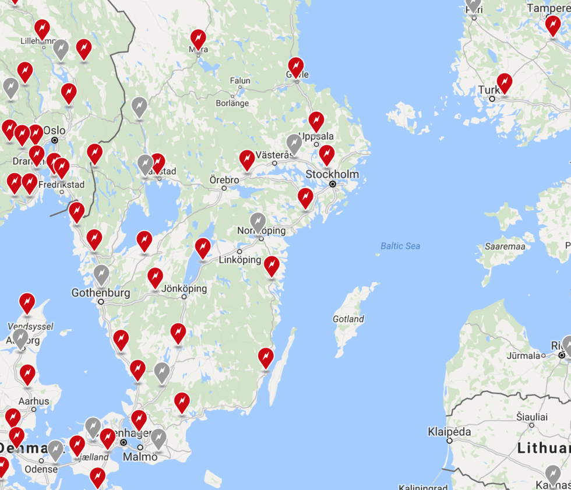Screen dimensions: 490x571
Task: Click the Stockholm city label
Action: [332, 174]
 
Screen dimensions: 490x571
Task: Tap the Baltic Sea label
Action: [400, 246]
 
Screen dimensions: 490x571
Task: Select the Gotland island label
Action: [348, 319]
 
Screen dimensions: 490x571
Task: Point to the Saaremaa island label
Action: [505, 246]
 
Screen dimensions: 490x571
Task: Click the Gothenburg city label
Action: [101, 292]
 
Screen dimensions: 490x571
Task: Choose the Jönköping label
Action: [184, 288]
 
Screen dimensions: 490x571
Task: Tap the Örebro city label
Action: [224, 180]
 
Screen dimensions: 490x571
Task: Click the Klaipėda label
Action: [449, 432]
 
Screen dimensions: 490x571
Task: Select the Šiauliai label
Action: [532, 417]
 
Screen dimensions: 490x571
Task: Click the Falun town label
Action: [240, 81]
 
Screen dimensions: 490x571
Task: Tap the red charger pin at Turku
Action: [505, 83]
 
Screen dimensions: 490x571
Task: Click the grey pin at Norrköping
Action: [258, 221]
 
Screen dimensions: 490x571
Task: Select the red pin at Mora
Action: [198, 39]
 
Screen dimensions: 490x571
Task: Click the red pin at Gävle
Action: [296, 67]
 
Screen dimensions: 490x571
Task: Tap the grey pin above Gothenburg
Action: [101, 274]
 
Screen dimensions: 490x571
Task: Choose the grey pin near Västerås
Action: [294, 143]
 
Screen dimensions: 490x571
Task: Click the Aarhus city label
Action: [33, 401]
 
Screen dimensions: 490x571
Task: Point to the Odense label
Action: [41, 469]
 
